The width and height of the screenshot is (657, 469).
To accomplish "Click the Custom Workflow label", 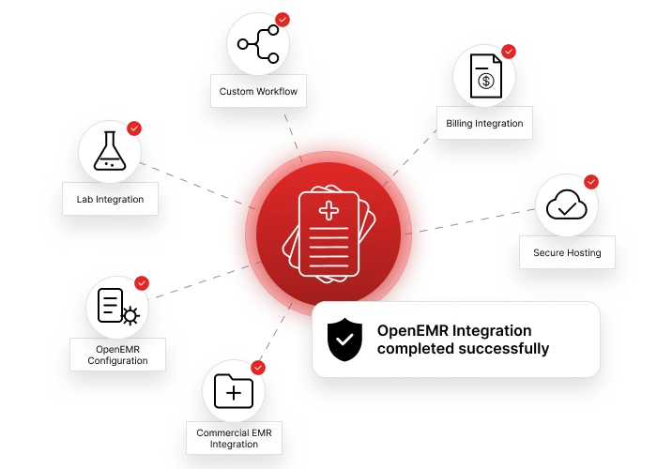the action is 258,91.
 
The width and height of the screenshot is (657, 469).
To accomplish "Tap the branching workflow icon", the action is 257,44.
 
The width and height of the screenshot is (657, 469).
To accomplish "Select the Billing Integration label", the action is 484,124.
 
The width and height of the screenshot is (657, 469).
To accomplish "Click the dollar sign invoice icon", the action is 485,76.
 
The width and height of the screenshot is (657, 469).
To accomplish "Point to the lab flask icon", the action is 110,151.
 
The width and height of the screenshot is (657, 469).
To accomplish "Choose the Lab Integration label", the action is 110,199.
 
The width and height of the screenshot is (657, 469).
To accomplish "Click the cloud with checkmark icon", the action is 567,204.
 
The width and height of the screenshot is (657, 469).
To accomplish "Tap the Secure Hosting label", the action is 567,253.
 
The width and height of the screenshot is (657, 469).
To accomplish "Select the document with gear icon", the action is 118,307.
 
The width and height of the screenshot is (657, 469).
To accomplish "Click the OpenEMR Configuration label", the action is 117,355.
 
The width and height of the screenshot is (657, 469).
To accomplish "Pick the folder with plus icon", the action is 234,391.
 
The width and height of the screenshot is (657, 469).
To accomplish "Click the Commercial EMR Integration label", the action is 234,438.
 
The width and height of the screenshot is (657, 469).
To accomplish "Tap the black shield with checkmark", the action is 344,340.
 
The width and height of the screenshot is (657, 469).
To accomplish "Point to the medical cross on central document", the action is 328,211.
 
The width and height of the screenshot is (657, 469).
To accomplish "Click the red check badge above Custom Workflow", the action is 283,20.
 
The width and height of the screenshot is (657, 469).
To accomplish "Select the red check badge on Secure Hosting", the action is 590,182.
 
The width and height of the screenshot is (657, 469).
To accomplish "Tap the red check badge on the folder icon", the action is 258,368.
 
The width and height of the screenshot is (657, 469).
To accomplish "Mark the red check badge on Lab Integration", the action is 134,129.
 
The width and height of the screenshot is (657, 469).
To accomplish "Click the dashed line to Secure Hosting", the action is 469,221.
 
